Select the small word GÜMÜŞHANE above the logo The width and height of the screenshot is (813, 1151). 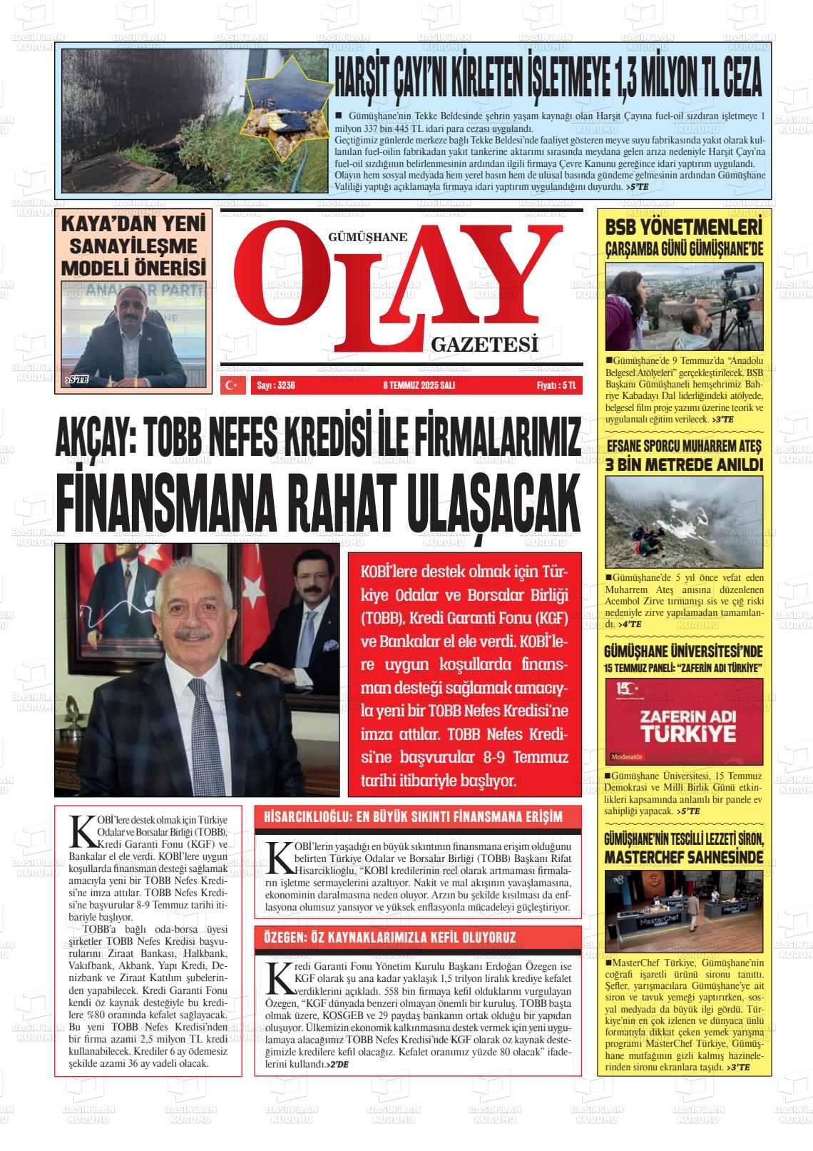367,237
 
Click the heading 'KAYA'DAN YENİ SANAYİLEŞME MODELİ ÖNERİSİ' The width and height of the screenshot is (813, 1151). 134,246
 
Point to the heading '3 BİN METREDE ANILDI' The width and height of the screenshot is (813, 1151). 684,465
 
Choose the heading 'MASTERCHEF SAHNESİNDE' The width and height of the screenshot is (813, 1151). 684,856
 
